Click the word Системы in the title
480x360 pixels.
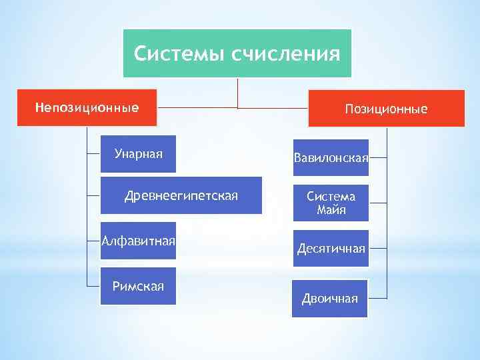click(179, 53)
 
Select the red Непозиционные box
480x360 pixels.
click(87, 107)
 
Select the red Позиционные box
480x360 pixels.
click(386, 108)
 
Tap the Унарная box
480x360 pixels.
click(138, 154)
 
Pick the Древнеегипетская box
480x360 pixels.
click(181, 195)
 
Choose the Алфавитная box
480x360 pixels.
click(138, 240)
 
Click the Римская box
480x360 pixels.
click(138, 286)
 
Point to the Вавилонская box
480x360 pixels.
click(331, 158)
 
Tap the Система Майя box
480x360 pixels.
click(331, 203)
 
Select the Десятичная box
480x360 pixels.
click(331, 248)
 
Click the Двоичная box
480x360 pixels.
click(330, 298)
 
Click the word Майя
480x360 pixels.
click(331, 210)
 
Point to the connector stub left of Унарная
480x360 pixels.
click(93, 154)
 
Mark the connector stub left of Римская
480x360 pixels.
click(93, 285)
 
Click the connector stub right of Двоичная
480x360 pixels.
click(377, 297)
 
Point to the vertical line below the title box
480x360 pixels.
click(238, 93)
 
